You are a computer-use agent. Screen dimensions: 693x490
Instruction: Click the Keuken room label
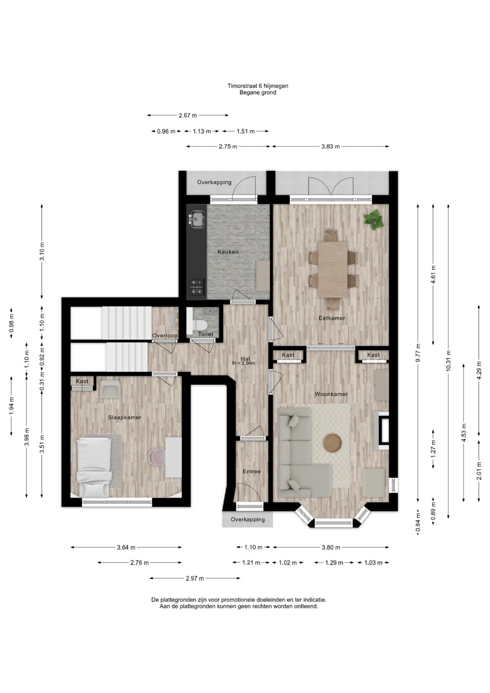(x=228, y=252)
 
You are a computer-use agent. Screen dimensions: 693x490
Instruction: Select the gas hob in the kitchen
(x=197, y=287)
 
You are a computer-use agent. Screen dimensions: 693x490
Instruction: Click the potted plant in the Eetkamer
(x=374, y=220)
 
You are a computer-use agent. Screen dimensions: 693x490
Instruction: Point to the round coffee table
(x=332, y=443)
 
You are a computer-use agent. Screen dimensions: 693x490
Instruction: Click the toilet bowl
(x=199, y=325)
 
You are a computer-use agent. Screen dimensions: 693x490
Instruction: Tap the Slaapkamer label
(x=124, y=417)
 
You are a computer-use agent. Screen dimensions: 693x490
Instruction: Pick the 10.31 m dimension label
(x=448, y=360)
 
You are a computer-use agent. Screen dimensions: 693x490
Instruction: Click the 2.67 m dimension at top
(x=188, y=115)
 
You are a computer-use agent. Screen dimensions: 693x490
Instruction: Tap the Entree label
(x=252, y=471)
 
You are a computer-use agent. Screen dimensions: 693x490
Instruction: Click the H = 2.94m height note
(x=243, y=363)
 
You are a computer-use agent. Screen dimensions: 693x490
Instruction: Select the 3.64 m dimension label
(x=126, y=548)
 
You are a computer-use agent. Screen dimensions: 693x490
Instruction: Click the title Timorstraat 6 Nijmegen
(x=258, y=86)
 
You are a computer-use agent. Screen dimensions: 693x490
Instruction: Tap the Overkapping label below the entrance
(x=247, y=520)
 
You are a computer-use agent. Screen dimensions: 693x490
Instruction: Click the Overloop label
(x=165, y=336)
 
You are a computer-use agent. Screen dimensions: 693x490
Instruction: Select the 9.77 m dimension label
(x=418, y=353)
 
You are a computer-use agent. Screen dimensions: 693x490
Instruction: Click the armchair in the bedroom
(x=109, y=389)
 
